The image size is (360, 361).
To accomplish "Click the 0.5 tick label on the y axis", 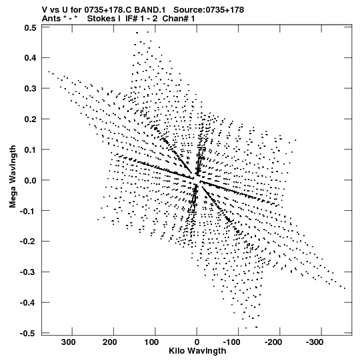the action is coord(30,28).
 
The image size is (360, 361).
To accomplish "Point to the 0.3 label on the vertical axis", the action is coord(30,88).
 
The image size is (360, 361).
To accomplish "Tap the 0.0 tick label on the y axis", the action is coord(30,180).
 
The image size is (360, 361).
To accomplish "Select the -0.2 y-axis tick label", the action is coord(28,242).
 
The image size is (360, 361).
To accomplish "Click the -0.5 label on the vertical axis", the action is coord(28,334).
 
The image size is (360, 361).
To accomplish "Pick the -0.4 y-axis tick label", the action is coord(28,303).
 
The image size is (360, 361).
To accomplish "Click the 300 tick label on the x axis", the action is coord(68,342).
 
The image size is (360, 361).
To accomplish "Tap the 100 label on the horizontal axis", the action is coord(151,342).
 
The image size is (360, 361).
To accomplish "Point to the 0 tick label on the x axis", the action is coord(197,342).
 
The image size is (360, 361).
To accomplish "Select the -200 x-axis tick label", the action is coord(273,342).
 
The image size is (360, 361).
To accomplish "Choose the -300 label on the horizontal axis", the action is coord(315,342).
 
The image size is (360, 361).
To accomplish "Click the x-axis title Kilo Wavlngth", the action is coord(197,351).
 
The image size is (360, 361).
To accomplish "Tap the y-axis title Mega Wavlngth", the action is coord(13,176).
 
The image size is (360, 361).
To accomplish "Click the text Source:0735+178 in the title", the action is coord(209,10).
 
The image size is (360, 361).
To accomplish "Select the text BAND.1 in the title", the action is coord(150,10).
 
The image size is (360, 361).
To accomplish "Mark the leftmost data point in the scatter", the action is coord(49,71).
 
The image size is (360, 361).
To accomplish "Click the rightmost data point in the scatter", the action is coord(345,288).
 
